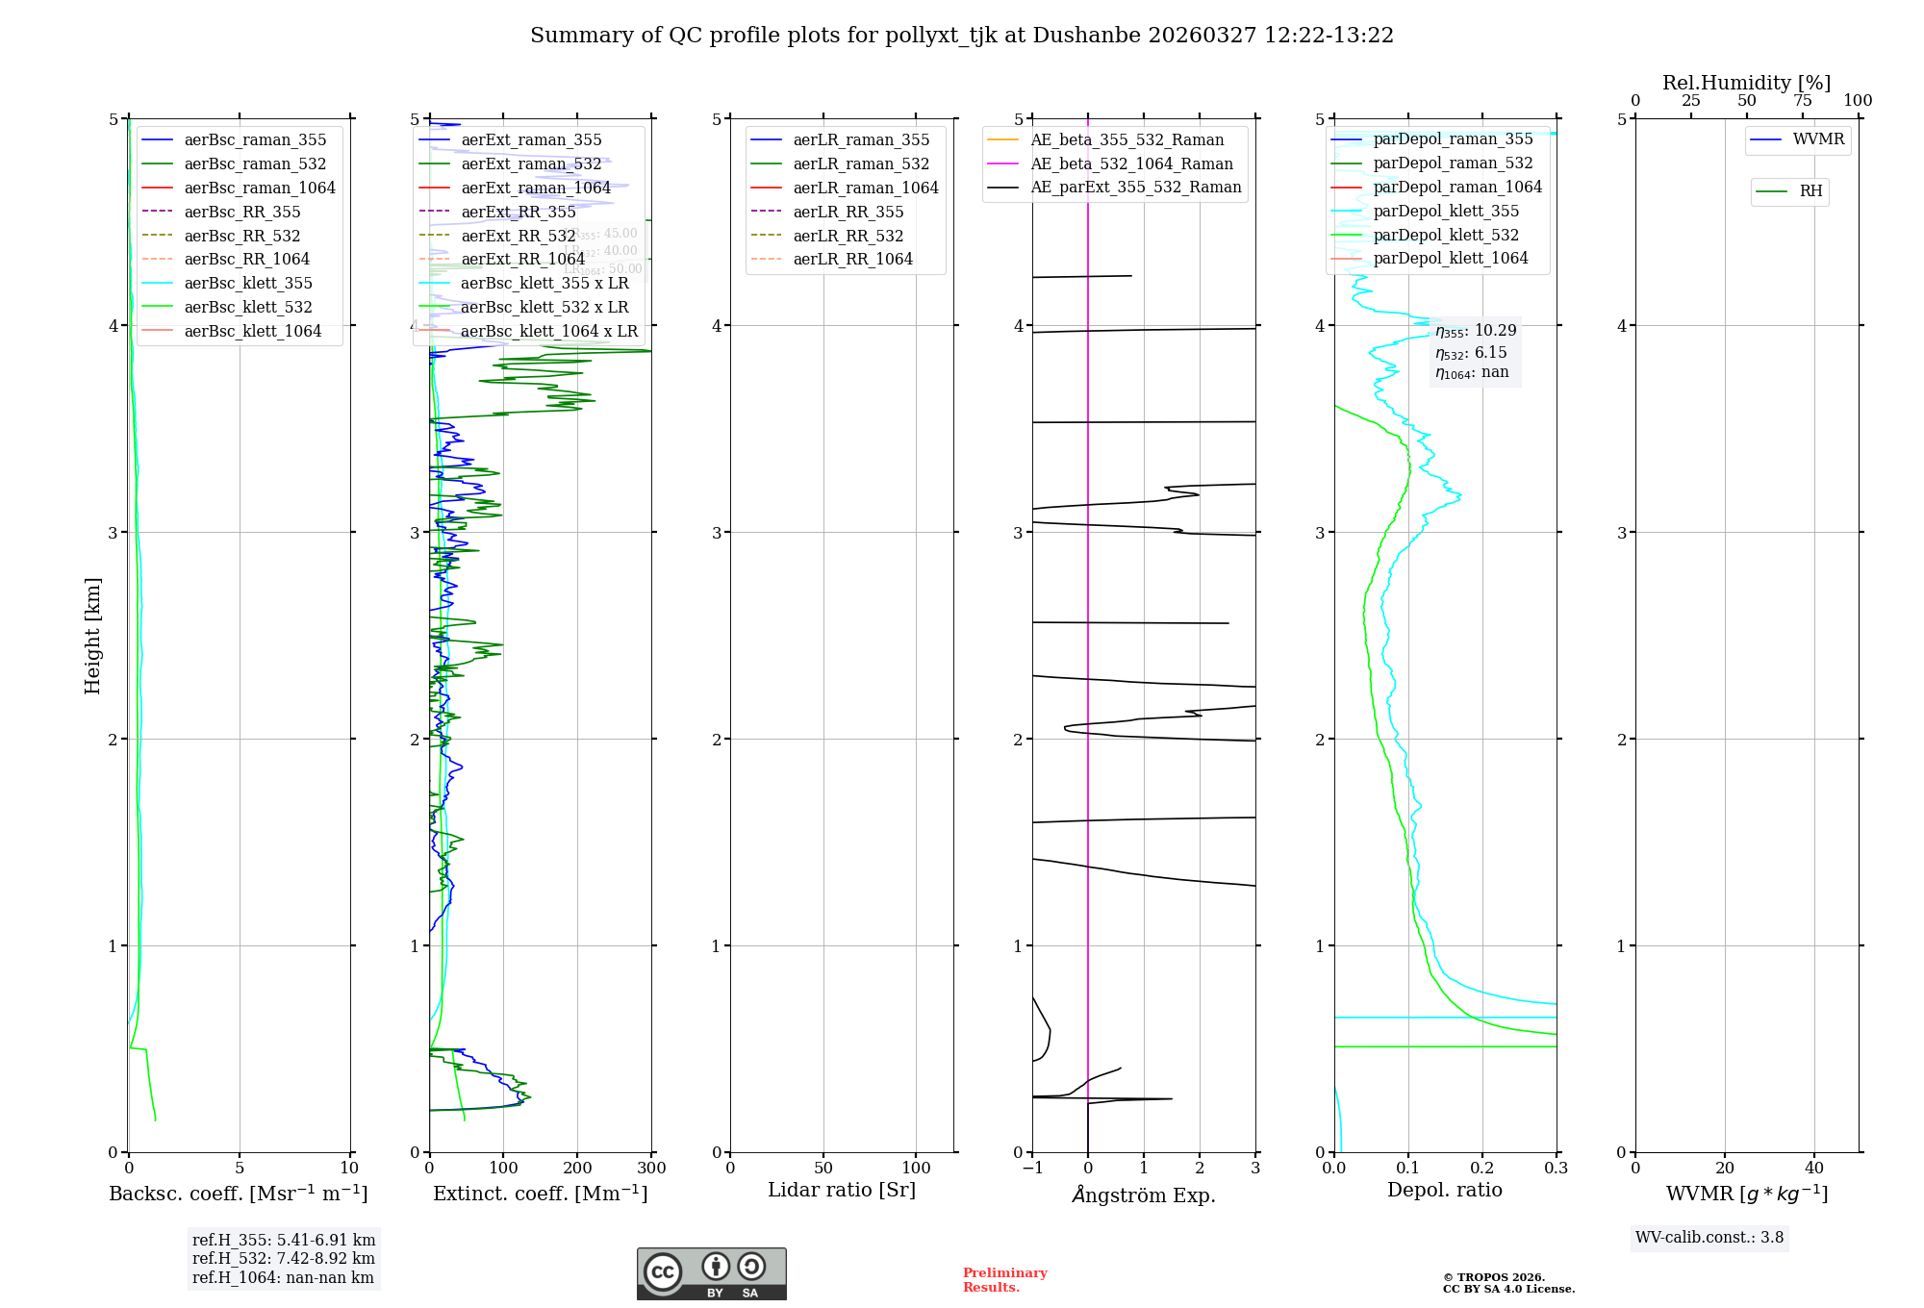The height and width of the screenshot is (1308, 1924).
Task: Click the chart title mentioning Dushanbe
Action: pyautogui.click(x=961, y=36)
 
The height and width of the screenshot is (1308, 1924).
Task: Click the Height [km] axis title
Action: pyautogui.click(x=92, y=635)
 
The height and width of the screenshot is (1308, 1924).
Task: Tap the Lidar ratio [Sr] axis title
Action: pyautogui.click(x=842, y=1190)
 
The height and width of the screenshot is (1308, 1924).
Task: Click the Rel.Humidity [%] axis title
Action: pyautogui.click(x=1746, y=83)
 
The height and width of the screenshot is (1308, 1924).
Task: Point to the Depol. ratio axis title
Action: pyautogui.click(x=1444, y=1190)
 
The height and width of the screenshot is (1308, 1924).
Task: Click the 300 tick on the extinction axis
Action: pyautogui.click(x=652, y=1169)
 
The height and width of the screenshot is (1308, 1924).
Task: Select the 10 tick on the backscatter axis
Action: pyautogui.click(x=349, y=1169)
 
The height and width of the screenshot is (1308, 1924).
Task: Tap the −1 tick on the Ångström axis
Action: pyautogui.click(x=1032, y=1169)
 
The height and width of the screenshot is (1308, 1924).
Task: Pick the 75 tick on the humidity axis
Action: pyautogui.click(x=1803, y=101)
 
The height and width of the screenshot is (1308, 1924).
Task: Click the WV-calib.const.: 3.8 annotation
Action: pyautogui.click(x=1709, y=1238)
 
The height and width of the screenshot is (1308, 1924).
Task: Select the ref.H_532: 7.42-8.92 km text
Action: pyautogui.click(x=284, y=1259)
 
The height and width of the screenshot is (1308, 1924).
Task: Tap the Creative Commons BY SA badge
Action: pyautogui.click(x=711, y=1273)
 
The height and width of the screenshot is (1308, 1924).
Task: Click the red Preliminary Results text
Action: pyautogui.click(x=1004, y=1280)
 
